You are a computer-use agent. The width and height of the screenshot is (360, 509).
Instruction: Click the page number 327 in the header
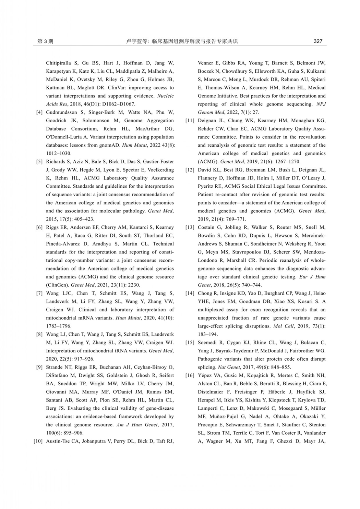tap(318, 41)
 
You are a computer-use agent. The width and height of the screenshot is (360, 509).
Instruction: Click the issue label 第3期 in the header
tap(45, 41)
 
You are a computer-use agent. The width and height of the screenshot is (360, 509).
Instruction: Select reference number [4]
tap(39, 112)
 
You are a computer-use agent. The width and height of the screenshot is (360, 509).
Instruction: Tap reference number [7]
tap(39, 293)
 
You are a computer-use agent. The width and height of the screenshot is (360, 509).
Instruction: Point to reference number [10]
tap(38, 441)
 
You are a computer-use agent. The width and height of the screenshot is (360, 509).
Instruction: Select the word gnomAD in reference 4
tap(110, 145)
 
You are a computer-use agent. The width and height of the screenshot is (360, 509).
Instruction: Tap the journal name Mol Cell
tap(284, 326)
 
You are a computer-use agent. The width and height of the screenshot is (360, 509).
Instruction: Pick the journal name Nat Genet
tap(228, 367)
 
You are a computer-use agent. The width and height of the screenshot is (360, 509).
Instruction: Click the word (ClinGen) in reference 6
tap(58, 285)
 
